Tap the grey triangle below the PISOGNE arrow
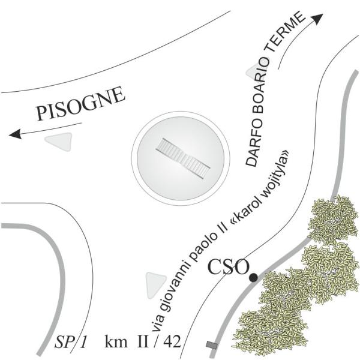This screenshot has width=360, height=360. (59, 141)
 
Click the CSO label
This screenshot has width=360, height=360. (226, 266)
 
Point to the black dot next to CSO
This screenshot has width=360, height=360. (253, 277)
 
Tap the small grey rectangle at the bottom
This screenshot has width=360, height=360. (211, 344)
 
